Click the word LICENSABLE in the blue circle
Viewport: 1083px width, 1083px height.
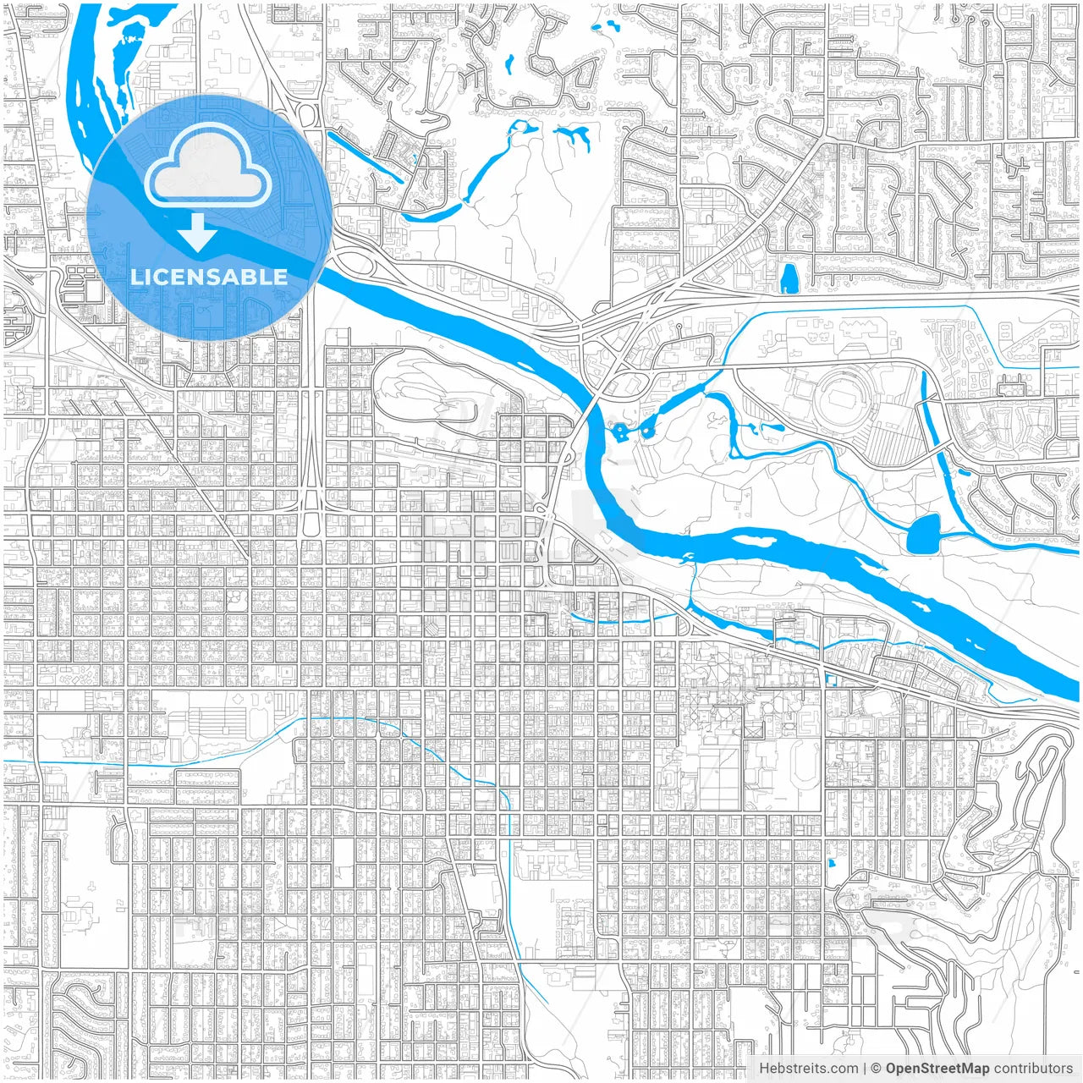click(208, 277)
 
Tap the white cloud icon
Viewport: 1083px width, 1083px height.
click(208, 169)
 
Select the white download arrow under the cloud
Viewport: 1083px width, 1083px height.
click(198, 234)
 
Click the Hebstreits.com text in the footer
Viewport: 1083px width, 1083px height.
click(808, 1069)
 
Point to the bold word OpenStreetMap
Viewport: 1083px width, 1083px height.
click(937, 1069)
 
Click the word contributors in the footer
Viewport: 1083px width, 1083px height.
click(1032, 1069)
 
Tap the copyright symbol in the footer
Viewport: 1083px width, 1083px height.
click(876, 1069)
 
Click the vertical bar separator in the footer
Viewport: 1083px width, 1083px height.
click(864, 1069)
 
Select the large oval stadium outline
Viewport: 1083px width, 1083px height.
click(844, 396)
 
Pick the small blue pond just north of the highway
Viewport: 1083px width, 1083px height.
click(789, 278)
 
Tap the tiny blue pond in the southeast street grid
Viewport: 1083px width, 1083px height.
click(832, 864)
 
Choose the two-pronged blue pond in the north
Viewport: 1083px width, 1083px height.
click(574, 135)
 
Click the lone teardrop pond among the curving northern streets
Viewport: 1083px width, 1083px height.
click(509, 63)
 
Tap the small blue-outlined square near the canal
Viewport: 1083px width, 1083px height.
click(829, 679)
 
